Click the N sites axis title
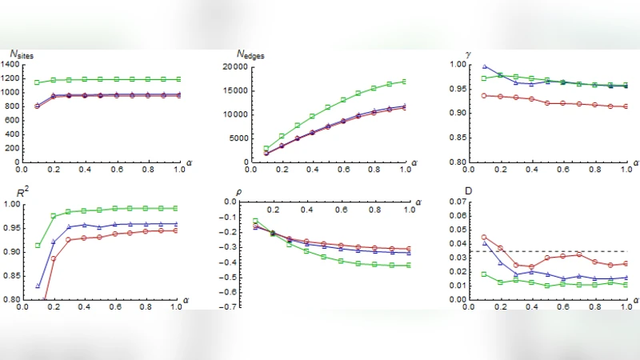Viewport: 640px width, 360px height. click(22, 54)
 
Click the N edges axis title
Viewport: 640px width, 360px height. click(251, 54)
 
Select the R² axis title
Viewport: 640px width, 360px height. click(18, 192)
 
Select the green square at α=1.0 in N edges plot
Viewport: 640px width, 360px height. click(406, 81)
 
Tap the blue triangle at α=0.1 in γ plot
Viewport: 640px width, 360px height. click(484, 66)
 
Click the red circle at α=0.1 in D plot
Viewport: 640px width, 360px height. click(484, 237)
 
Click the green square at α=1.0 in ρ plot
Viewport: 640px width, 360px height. click(406, 265)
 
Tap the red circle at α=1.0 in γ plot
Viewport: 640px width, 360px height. click(624, 106)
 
